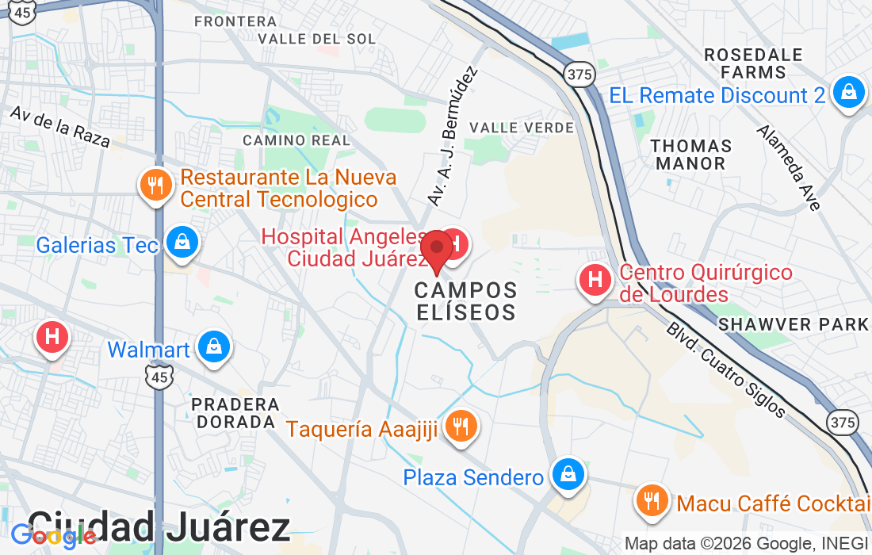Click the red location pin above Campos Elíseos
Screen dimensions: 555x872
436,249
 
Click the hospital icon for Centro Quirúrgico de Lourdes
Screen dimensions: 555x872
595,279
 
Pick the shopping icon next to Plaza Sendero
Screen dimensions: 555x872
568,474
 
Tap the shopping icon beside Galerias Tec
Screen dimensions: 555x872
183,241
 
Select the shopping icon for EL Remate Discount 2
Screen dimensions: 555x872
849,92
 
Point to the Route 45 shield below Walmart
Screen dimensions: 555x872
159,377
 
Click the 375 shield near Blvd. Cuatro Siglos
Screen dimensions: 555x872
841,422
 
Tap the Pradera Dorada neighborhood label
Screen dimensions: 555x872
235,413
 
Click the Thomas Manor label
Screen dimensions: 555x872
691,155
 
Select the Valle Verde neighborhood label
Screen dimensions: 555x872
521,128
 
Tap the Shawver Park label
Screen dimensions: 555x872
794,324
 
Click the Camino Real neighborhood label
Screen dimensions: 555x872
296,140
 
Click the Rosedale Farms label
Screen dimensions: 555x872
754,63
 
